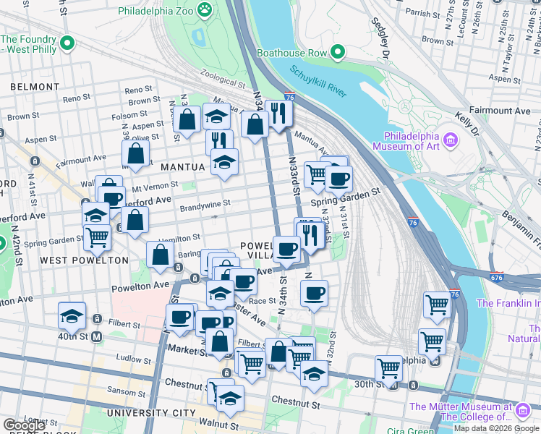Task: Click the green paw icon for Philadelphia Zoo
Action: (205, 9)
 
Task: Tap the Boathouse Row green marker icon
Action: (337, 51)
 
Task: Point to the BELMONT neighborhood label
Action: (35, 87)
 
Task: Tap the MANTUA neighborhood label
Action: (182, 167)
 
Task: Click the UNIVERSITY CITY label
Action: (152, 413)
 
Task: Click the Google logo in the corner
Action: (24, 425)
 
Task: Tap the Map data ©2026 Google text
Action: (496, 428)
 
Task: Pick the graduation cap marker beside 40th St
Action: (72, 315)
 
